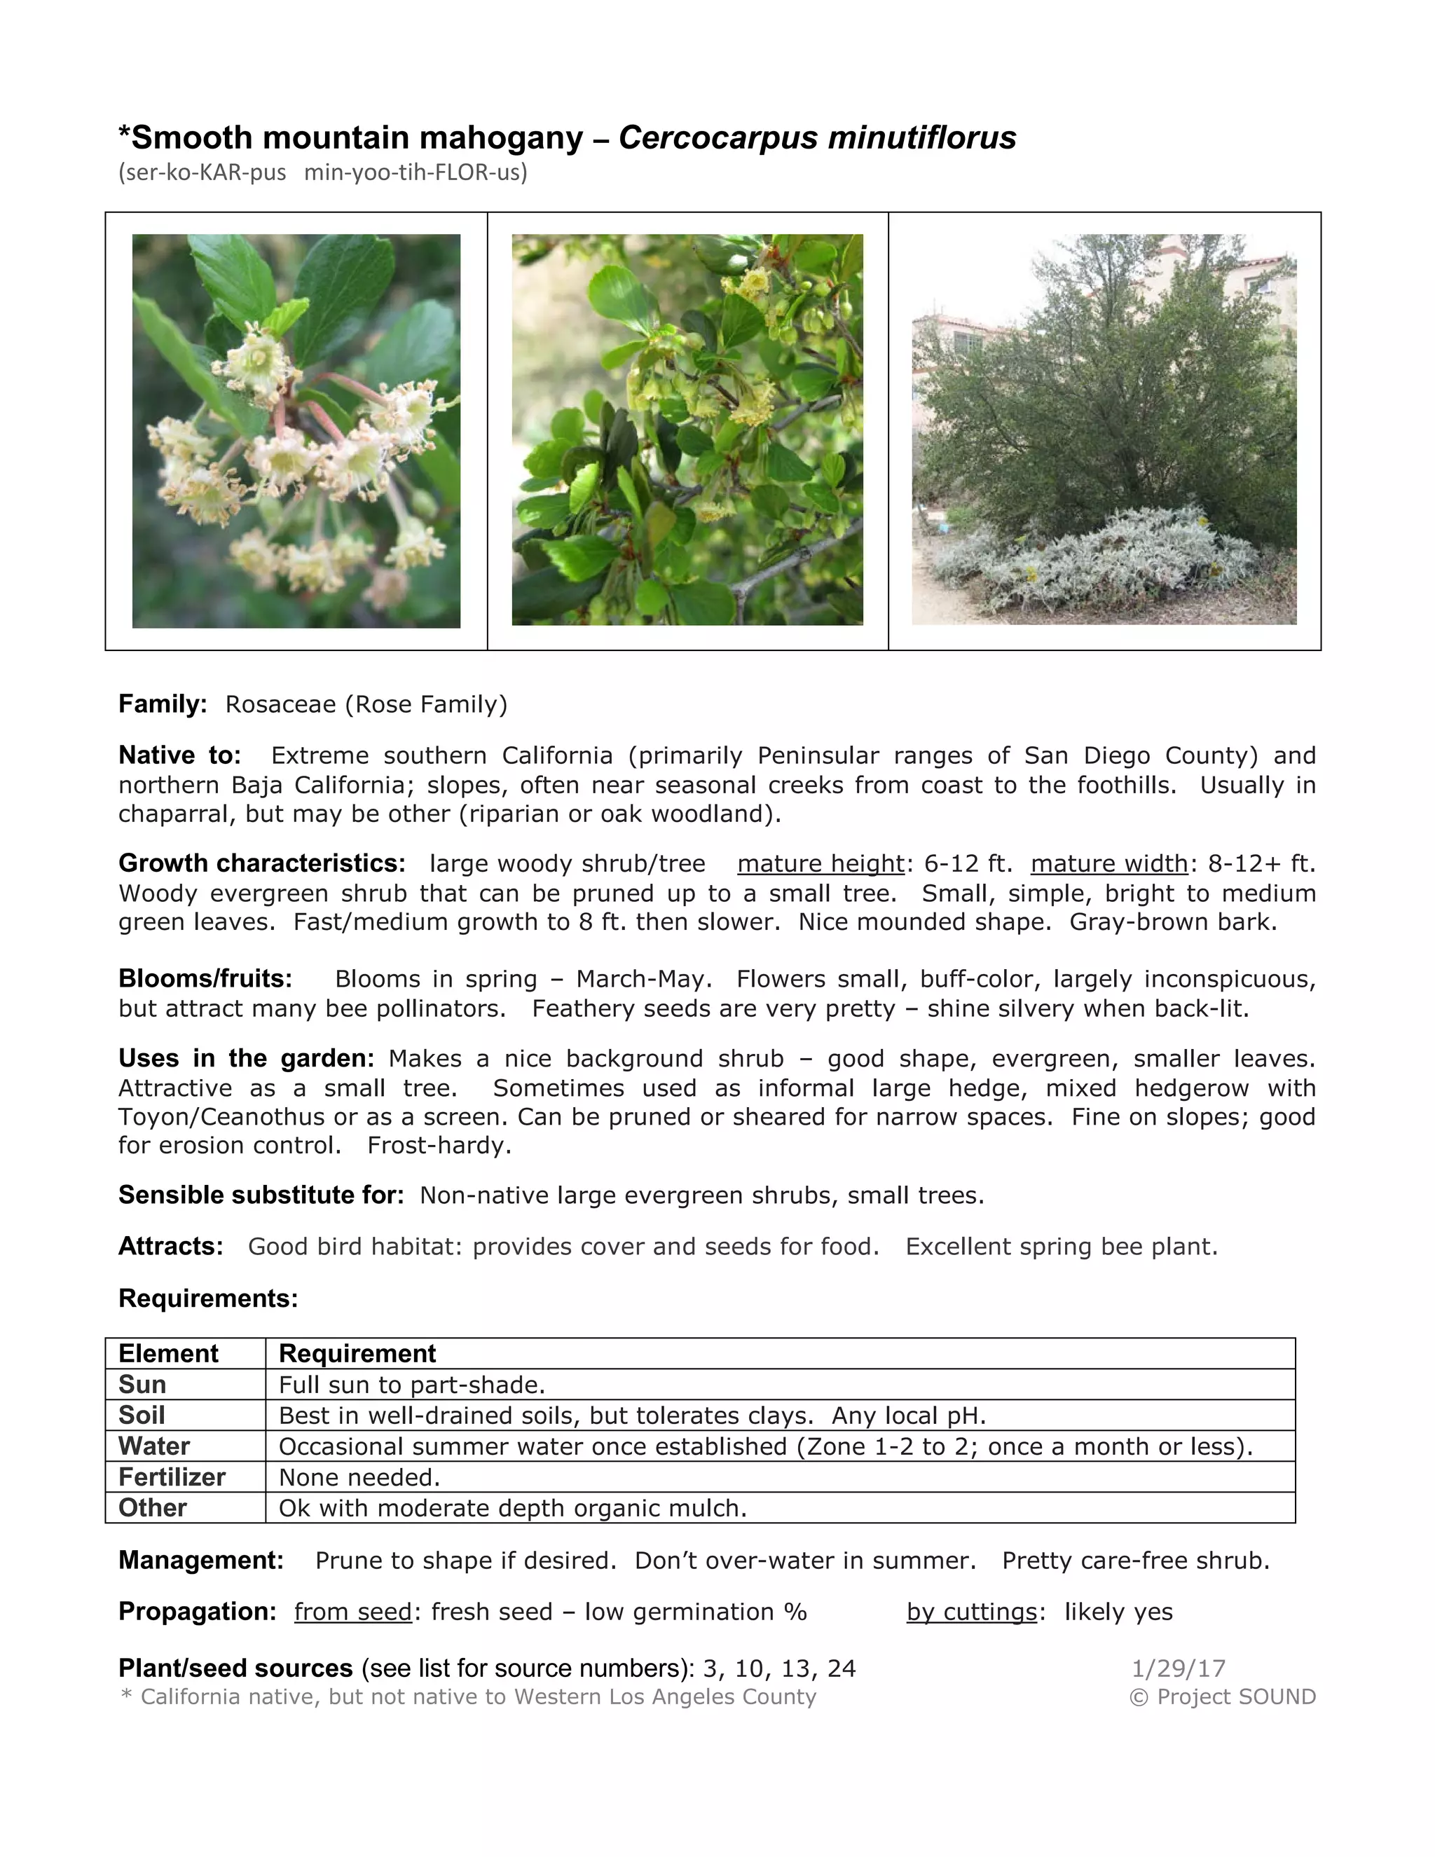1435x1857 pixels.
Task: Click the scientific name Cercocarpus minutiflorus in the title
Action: point(817,138)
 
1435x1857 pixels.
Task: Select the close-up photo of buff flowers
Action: point(296,431)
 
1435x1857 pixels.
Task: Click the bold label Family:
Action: point(163,704)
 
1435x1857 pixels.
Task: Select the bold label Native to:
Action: point(179,755)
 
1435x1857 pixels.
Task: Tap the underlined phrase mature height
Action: point(821,864)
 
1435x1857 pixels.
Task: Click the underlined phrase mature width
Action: point(1108,864)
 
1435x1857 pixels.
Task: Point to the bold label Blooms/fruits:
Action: point(205,979)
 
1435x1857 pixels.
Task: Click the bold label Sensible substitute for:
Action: point(261,1195)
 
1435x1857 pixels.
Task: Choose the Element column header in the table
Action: point(168,1354)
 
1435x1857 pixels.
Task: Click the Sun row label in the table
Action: point(142,1385)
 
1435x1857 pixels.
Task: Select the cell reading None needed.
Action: point(359,1478)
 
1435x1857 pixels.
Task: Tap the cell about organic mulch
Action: point(513,1509)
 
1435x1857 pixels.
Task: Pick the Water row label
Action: point(154,1446)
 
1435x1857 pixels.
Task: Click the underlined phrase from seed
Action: point(353,1612)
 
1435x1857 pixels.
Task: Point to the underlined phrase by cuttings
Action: point(972,1612)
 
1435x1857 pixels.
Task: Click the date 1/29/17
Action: point(1179,1668)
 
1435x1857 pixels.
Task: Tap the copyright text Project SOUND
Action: point(1223,1697)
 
